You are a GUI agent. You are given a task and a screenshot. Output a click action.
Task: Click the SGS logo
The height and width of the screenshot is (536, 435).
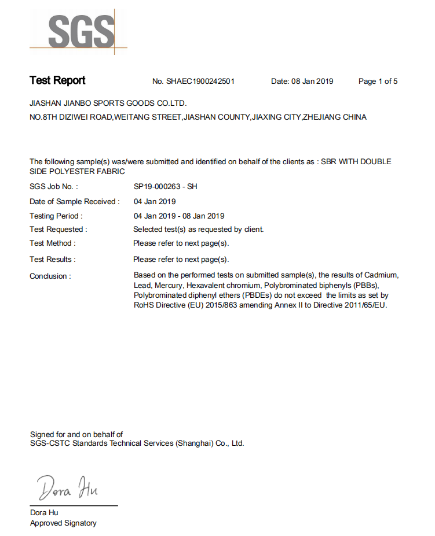[x=81, y=31]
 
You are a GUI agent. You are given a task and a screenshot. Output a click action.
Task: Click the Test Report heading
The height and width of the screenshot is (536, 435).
[x=57, y=80]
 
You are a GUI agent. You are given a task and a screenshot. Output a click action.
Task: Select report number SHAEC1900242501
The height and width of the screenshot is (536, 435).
[x=200, y=82]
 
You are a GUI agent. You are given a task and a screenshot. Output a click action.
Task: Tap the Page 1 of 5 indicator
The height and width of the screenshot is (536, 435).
[x=378, y=82]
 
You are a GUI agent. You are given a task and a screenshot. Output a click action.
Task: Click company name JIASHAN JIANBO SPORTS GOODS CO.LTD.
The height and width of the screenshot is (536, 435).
[x=108, y=103]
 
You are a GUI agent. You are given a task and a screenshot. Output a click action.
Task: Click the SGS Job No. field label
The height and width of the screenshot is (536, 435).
[x=54, y=187]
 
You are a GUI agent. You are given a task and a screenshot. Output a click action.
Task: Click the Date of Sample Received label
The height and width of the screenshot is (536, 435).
[x=75, y=202]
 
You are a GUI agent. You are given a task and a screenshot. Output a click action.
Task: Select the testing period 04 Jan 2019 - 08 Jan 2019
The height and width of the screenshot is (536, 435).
[x=179, y=216]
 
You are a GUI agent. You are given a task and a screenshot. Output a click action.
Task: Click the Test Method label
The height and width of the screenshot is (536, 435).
[x=53, y=243]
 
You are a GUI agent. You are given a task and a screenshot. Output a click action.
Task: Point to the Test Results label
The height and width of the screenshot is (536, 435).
[x=53, y=259]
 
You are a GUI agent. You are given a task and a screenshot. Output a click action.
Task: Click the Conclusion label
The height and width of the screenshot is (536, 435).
[x=50, y=276]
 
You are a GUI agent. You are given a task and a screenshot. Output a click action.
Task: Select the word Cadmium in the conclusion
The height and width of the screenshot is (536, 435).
[x=381, y=275]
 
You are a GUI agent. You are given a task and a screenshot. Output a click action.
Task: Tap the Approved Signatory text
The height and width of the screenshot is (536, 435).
[x=63, y=523]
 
